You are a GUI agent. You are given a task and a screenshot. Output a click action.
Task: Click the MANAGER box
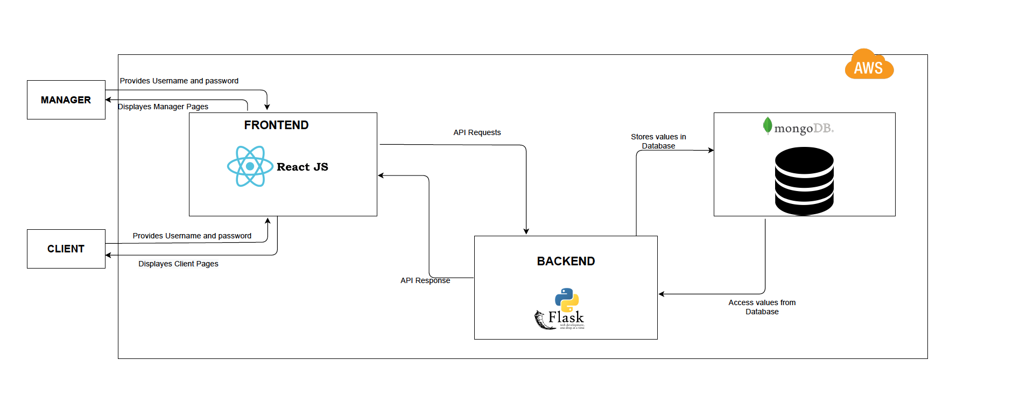(66, 100)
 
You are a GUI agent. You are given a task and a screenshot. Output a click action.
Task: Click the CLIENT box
(66, 249)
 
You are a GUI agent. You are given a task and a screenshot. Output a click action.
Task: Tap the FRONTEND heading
(276, 125)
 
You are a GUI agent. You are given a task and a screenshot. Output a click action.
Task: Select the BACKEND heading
(566, 262)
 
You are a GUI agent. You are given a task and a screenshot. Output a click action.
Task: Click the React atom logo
(250, 166)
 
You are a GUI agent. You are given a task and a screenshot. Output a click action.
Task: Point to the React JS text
(303, 167)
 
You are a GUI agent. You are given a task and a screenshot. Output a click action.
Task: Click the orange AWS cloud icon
(869, 65)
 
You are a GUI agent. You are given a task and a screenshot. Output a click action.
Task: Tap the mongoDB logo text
(804, 128)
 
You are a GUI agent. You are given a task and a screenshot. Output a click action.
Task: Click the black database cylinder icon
(804, 181)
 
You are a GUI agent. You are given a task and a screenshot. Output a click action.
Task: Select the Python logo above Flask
(567, 299)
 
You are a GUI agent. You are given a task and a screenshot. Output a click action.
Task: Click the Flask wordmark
(566, 318)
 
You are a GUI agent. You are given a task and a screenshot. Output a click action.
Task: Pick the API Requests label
(477, 132)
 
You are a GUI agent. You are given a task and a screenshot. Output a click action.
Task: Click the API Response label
(425, 280)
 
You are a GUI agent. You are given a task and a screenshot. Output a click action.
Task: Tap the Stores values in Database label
(658, 141)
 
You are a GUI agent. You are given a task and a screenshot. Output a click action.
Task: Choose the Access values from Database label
(762, 307)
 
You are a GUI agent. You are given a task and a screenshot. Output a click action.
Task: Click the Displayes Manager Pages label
(163, 107)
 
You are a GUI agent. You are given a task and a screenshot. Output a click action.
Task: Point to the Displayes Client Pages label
(178, 264)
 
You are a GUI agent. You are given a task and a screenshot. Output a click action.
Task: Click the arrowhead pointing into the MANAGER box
(108, 100)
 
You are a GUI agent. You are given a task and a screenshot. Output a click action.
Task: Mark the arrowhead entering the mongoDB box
(711, 150)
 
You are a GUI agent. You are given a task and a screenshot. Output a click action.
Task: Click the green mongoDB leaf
(768, 125)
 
